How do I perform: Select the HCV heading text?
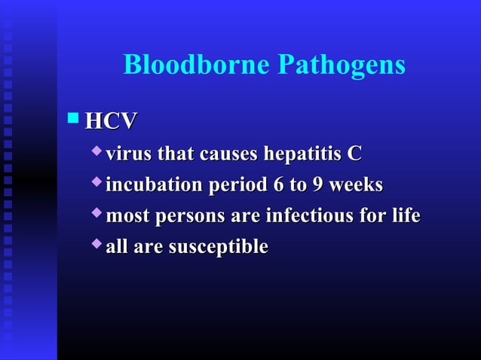tap(112, 121)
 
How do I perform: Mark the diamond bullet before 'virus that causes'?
tap(96, 153)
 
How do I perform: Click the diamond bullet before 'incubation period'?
tap(96, 184)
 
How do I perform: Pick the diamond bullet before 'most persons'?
tap(96, 215)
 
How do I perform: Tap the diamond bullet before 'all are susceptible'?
tap(96, 246)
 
